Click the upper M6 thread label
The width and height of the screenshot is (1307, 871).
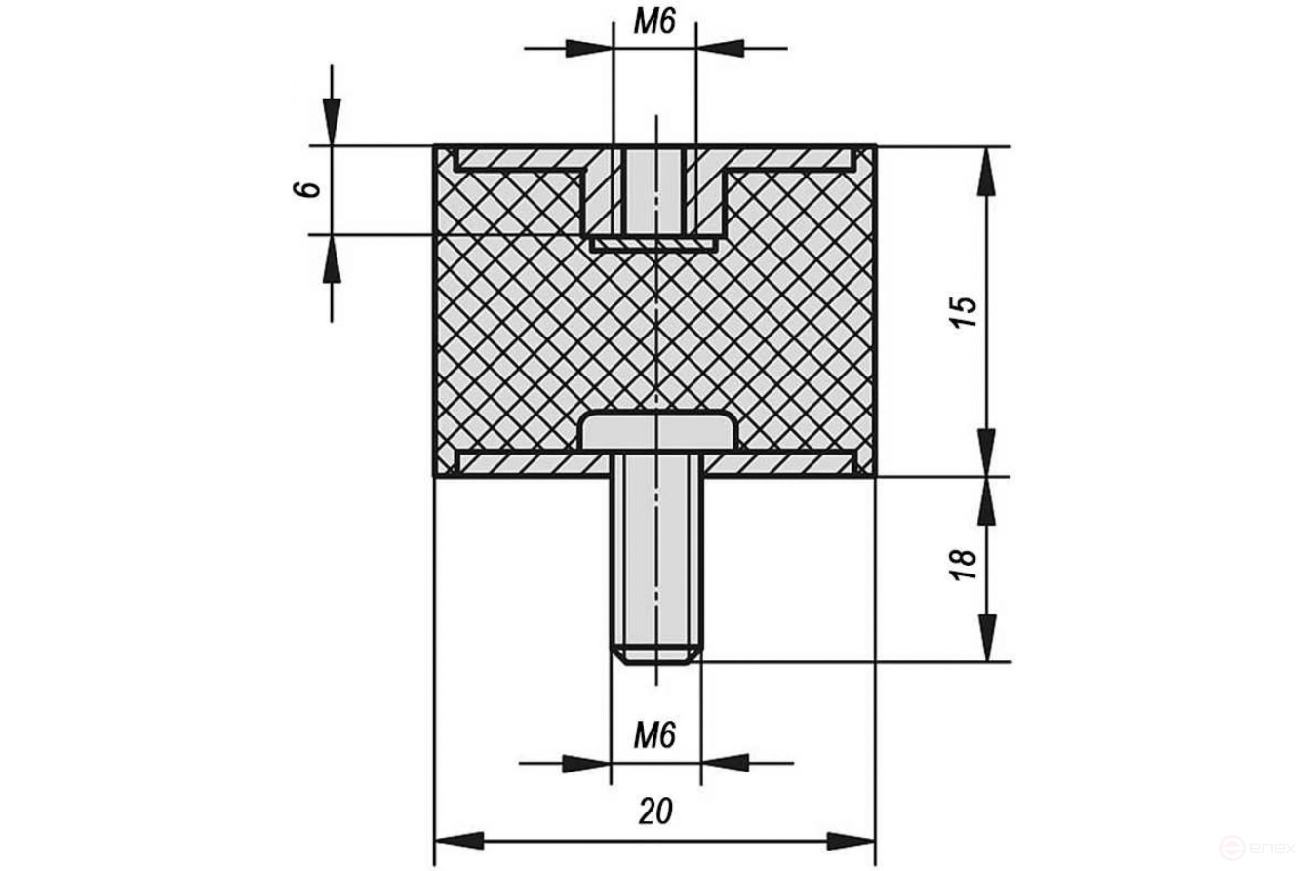654,23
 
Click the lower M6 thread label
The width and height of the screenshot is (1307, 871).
654,734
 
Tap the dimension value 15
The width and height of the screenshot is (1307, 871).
963,310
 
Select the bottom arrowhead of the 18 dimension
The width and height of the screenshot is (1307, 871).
987,639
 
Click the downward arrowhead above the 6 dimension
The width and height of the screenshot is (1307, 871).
332,124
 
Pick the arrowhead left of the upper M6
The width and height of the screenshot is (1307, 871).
589,47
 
